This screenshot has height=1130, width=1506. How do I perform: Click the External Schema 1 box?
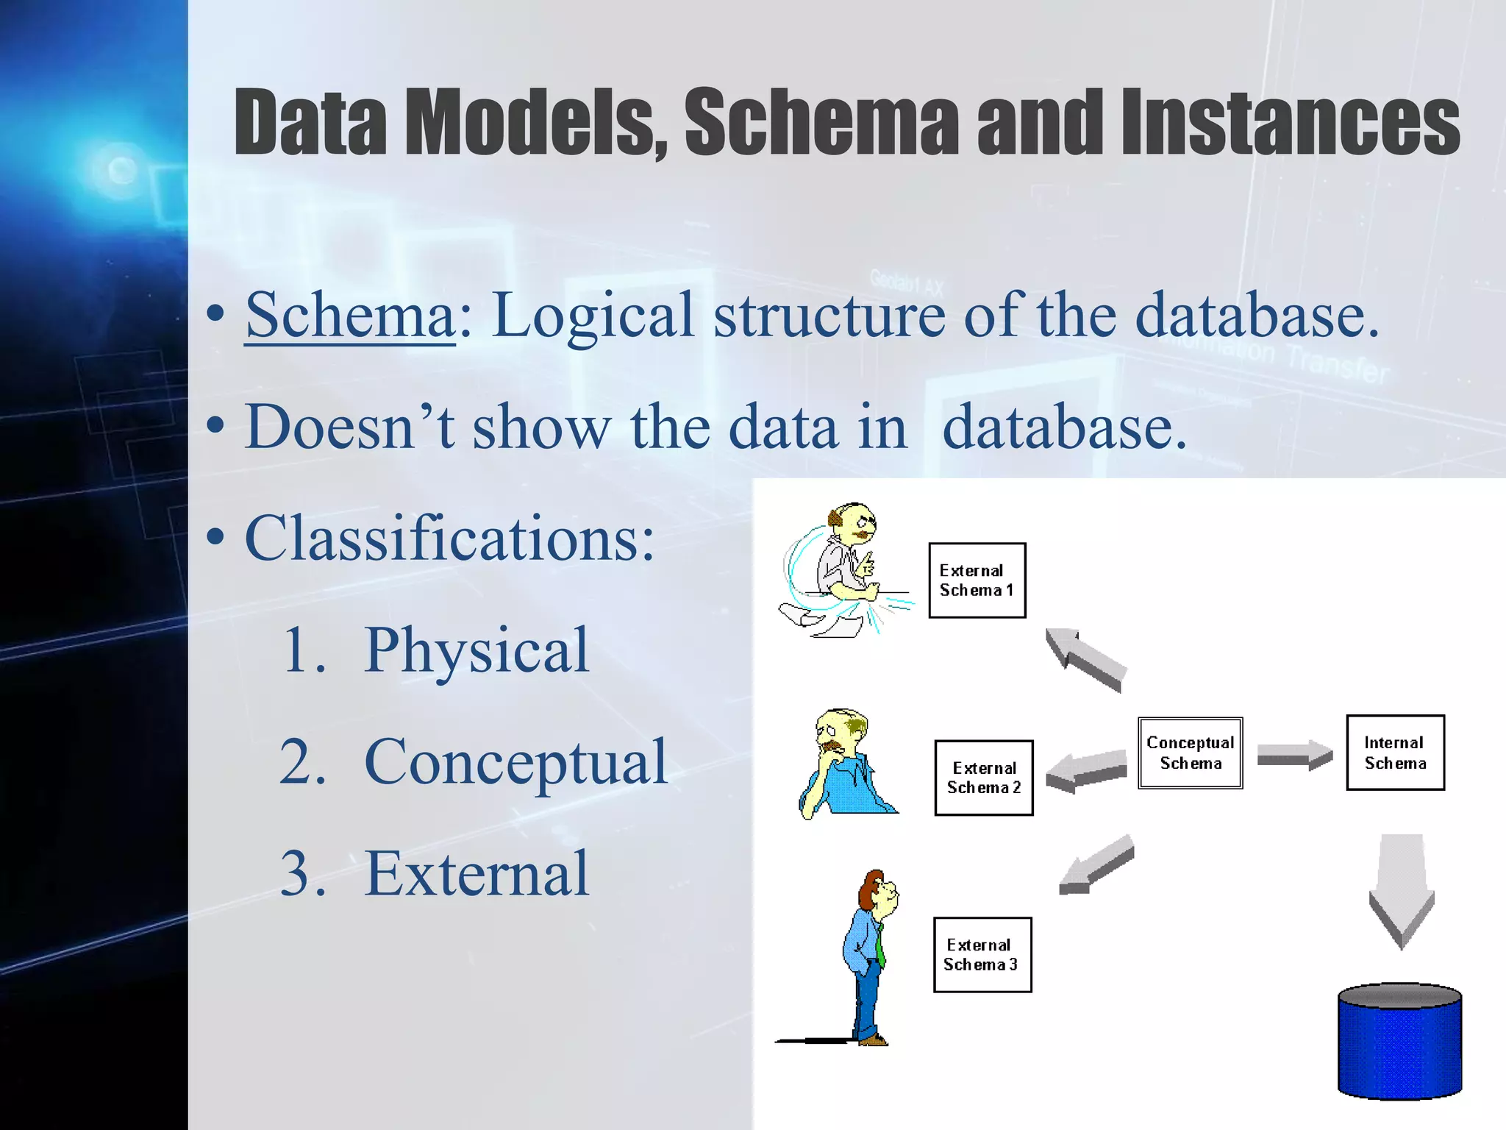coord(977,580)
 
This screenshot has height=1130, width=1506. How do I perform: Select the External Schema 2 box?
coord(983,778)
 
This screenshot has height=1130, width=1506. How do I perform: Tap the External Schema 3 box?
coord(982,955)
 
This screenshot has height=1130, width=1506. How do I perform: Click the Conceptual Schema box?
coord(1190,753)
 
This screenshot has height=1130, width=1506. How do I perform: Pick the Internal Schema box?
coord(1395,753)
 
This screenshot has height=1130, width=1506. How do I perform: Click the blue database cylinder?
coord(1399,1041)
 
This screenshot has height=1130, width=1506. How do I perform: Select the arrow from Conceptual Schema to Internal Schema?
coord(1293,756)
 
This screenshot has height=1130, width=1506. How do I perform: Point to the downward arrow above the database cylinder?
coord(1402,890)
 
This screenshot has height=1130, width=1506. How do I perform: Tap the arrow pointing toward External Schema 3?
coord(1096,865)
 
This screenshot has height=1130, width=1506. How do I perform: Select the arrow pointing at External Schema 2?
coord(1085,770)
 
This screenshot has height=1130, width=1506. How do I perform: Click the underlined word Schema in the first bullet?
coord(350,315)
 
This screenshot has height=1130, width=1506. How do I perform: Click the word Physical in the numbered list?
coord(476,650)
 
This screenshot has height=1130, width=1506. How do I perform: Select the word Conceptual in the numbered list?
coord(515,762)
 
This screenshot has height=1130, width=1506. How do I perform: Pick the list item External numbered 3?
coord(476,874)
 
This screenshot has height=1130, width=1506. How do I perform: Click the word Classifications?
coord(449,539)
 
